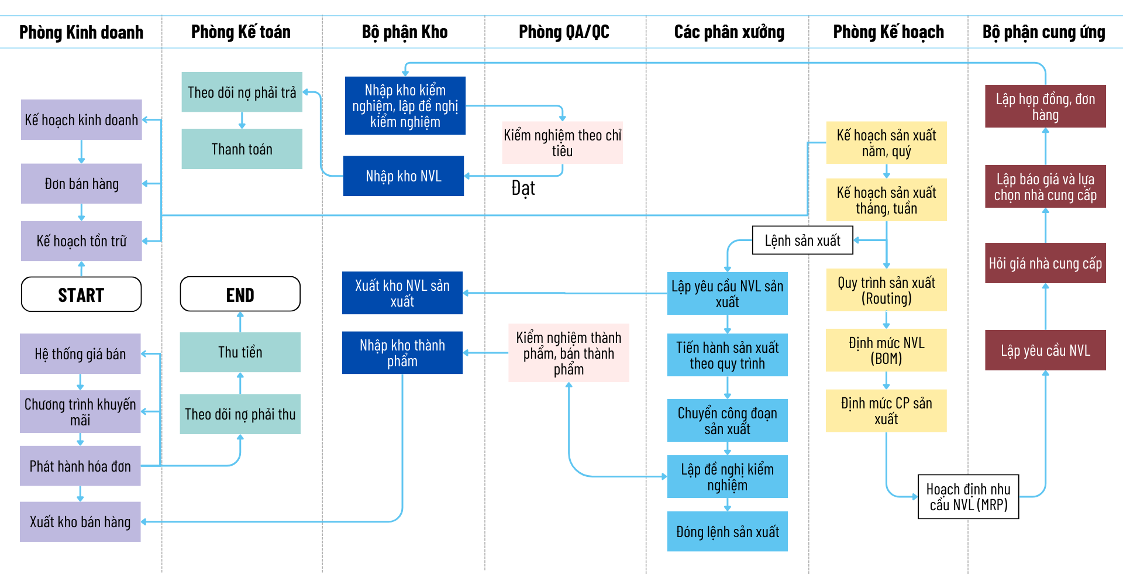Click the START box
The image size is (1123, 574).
point(81,294)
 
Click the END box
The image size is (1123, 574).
point(240,294)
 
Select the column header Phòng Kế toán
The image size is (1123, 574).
point(240,32)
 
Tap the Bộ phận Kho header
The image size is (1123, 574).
point(404,32)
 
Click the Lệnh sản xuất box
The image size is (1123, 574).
point(802,240)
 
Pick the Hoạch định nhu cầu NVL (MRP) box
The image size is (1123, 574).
point(968,497)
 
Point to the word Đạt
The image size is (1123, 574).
point(523,188)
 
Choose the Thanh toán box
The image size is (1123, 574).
point(242,149)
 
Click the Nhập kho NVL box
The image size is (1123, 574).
point(403,176)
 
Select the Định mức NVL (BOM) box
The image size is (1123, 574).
point(886,350)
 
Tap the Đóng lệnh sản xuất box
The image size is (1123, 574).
point(727,532)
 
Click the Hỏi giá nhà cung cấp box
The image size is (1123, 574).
point(1045,263)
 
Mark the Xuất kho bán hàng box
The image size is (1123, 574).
point(80,522)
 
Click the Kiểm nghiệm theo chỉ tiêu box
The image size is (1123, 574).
point(562,143)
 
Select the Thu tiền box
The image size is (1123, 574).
point(240,352)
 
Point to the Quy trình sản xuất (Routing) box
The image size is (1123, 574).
point(886,290)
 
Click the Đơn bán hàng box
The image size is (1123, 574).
point(81,184)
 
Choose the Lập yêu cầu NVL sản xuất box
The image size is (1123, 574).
point(727,294)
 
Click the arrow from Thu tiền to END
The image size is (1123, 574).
point(240,322)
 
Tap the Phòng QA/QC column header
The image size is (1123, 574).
point(564,32)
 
